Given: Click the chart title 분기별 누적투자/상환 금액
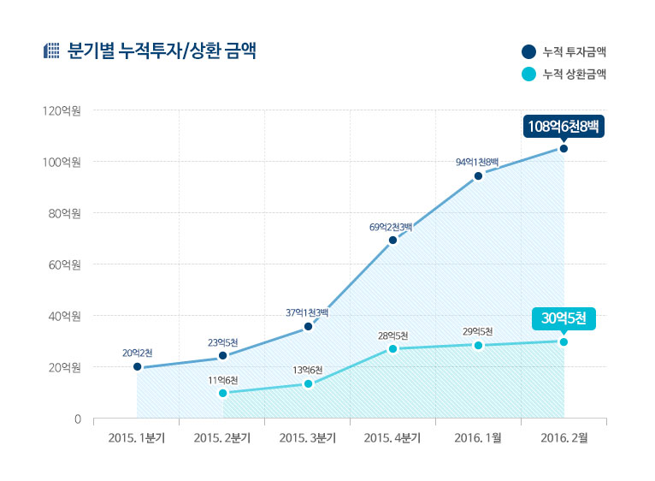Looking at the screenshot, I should [x=162, y=50].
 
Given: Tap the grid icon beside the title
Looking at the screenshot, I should [x=50, y=50].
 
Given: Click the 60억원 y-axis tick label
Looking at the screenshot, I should [x=61, y=264].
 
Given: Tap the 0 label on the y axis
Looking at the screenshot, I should [x=76, y=419].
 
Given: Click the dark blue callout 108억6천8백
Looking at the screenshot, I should [x=564, y=127].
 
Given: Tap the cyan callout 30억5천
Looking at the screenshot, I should [x=564, y=318].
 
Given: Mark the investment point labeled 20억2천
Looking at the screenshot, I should [x=137, y=367].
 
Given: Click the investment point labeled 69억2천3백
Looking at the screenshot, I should [x=392, y=240].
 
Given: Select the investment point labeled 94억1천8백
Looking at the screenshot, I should [x=478, y=175].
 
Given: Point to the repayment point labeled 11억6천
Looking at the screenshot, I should [x=222, y=393].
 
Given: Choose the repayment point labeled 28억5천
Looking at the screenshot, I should [x=392, y=348].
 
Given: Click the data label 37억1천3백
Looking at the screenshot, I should [x=307, y=312].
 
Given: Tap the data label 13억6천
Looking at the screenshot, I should [x=307, y=370].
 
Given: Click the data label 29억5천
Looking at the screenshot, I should [x=478, y=331].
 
